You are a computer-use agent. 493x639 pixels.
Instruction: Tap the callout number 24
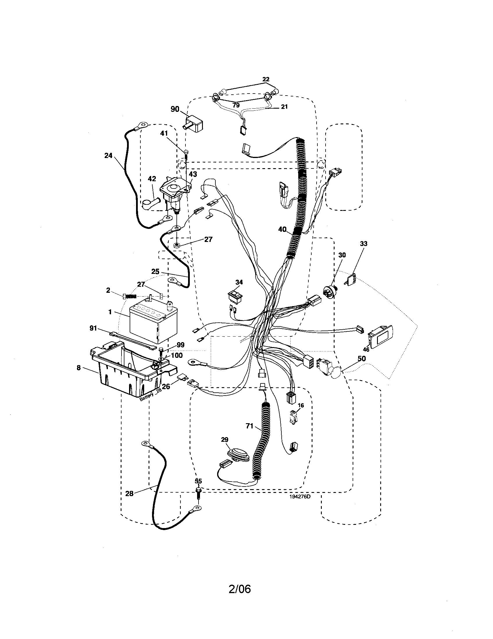click(108, 156)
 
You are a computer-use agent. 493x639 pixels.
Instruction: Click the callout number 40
click(282, 230)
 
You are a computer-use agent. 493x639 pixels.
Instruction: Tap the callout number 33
click(363, 243)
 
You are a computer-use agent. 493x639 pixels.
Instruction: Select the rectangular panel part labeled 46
click(381, 336)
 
